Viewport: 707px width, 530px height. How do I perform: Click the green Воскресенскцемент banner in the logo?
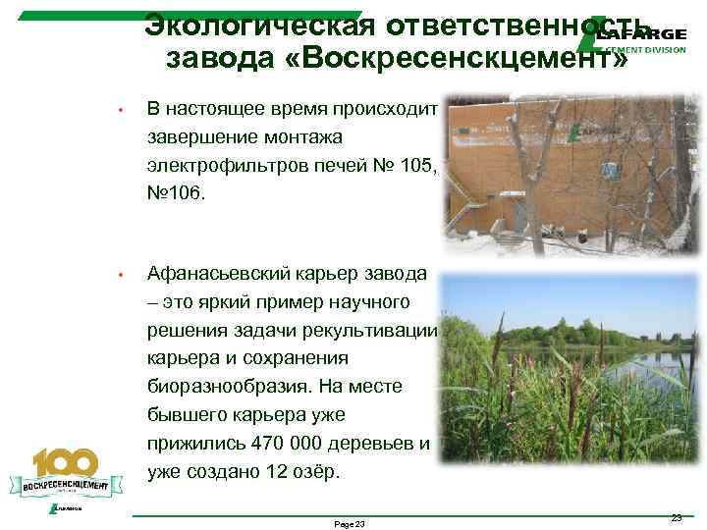pyautogui.click(x=65, y=484)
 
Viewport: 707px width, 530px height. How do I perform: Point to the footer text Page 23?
pyautogui.click(x=350, y=524)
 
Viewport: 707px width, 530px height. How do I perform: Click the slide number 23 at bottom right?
pyautogui.click(x=675, y=517)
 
